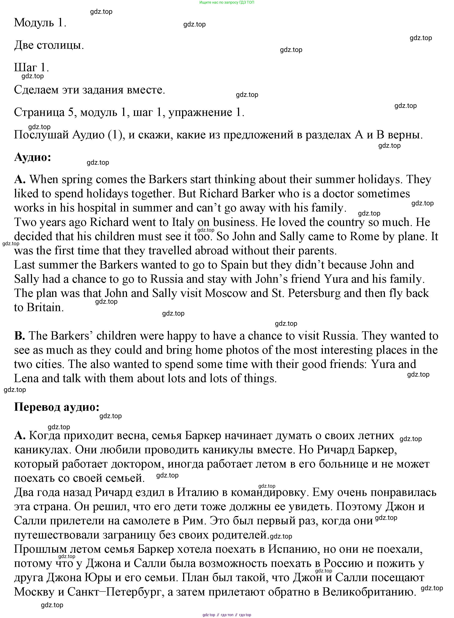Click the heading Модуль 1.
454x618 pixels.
40,22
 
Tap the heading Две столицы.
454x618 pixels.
49,45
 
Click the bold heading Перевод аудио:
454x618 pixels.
57,407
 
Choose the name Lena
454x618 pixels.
26,378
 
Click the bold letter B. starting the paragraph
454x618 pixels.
19,335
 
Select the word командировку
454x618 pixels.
268,492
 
